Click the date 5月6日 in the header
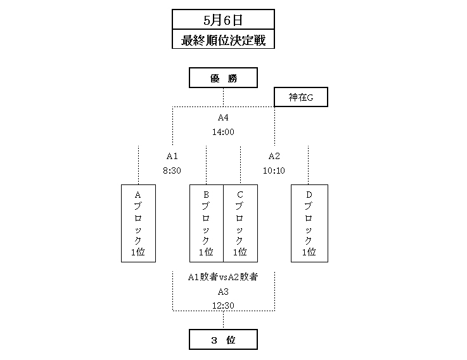tap(223, 19)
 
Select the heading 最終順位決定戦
tap(223, 39)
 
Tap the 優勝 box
tap(223, 79)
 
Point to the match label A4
tap(223, 119)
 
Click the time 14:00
tap(223, 132)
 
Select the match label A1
tap(172, 157)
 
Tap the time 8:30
tap(172, 170)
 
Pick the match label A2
tap(274, 157)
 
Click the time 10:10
tap(274, 170)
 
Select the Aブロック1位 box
tap(138, 223)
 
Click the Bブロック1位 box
tap(207, 223)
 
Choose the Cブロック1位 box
tap(240, 223)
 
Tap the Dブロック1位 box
tap(308, 223)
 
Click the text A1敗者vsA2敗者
tap(223, 277)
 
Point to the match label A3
tap(223, 292)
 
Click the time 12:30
tap(223, 305)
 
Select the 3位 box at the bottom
tap(223, 340)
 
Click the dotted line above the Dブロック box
tap(308, 165)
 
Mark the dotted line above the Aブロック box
tap(138, 165)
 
